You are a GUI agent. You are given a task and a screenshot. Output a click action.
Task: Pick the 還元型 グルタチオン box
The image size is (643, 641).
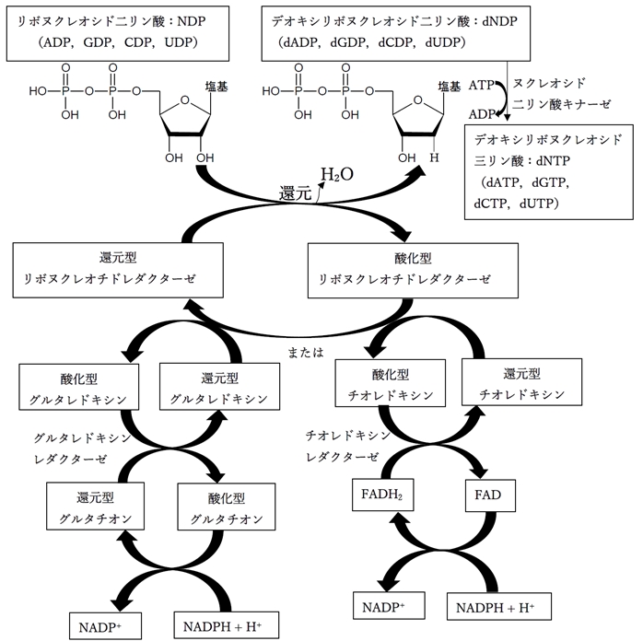pos(90,507)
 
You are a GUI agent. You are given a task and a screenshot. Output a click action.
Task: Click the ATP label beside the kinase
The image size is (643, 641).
pos(481,85)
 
